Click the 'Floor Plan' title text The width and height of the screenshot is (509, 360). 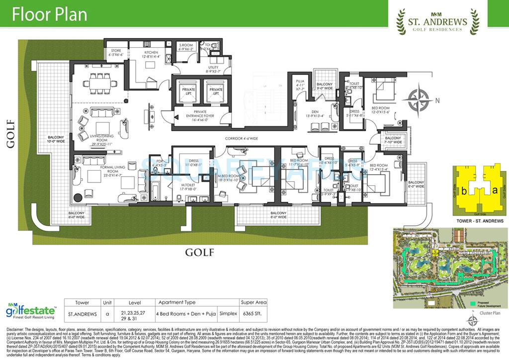[49, 15]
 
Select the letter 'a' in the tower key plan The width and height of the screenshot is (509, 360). [494, 190]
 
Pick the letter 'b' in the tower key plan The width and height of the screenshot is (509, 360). [464, 191]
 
